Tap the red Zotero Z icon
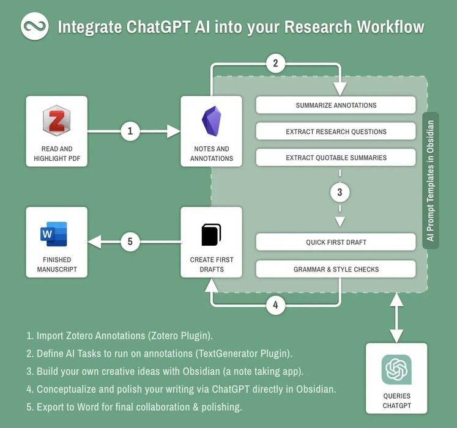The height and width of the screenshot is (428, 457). (x=56, y=120)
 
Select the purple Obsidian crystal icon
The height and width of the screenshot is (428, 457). (x=211, y=120)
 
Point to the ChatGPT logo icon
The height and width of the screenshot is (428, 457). (x=396, y=369)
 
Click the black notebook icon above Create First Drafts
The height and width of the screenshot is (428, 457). (x=211, y=234)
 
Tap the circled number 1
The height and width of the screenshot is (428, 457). (x=130, y=130)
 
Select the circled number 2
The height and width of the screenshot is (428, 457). (x=275, y=62)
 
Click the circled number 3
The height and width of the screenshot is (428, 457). (x=340, y=193)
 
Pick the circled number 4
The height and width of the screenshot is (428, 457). (x=275, y=305)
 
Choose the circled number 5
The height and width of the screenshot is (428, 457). (x=130, y=242)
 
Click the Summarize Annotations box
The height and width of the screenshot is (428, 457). (x=336, y=105)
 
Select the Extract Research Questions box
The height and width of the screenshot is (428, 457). (x=336, y=131)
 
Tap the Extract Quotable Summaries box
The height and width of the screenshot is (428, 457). (x=336, y=158)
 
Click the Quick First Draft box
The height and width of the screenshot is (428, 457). (x=336, y=242)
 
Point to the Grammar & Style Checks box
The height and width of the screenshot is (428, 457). (x=336, y=269)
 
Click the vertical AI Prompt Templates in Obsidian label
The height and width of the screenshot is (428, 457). (x=431, y=180)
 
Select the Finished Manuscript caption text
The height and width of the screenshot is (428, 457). (x=56, y=264)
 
